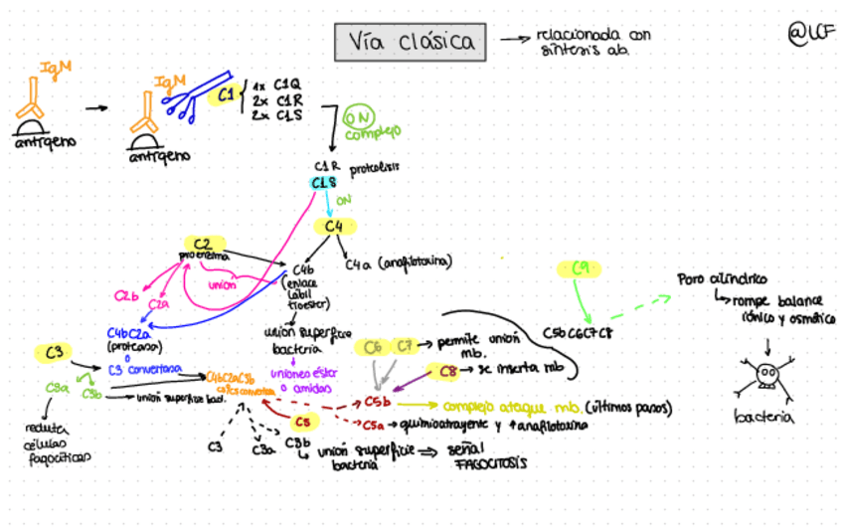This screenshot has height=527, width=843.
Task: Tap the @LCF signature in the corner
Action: [809, 34]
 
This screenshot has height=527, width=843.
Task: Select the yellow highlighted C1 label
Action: [226, 95]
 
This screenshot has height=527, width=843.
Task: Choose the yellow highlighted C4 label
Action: [332, 227]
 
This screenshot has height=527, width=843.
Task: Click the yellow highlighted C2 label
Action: [204, 245]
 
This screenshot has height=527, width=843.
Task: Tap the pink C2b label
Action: [126, 295]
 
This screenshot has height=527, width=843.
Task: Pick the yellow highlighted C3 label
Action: [55, 353]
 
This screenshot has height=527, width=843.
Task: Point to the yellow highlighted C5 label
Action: [302, 421]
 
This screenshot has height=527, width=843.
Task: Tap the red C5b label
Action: [377, 404]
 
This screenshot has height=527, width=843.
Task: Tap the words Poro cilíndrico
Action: [723, 279]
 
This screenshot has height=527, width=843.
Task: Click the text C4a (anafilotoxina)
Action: [399, 263]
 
